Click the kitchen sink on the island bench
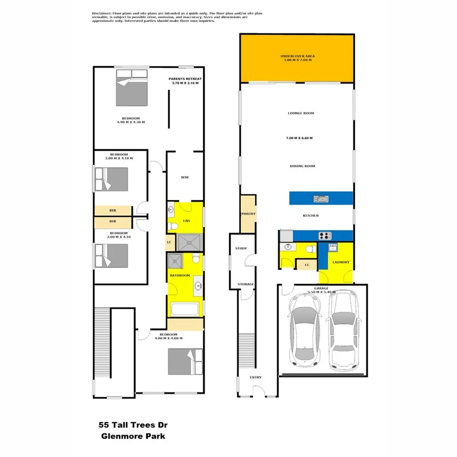321,199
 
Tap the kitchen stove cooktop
324,236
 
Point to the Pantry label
248,214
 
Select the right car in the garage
344,333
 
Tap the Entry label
255,377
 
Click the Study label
241,248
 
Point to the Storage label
246,284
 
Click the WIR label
185,177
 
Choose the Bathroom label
180,275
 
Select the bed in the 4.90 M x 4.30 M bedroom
132,87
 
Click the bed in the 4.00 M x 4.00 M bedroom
185,361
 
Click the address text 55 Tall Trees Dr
132,425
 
